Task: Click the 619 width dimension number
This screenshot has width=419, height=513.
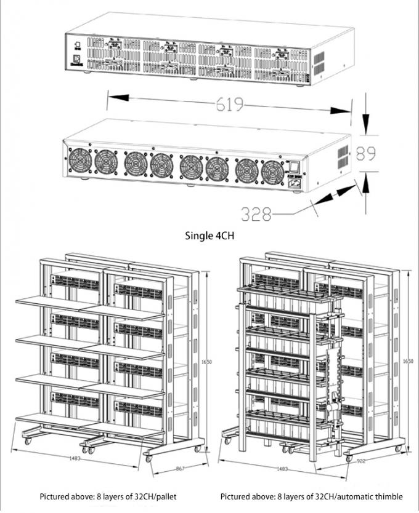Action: [229, 104]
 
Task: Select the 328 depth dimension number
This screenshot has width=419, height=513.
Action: [256, 215]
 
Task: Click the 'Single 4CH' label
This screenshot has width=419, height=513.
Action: [209, 235]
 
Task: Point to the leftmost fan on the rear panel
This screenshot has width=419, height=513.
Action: [81, 162]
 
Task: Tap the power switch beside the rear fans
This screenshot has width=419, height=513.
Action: [293, 166]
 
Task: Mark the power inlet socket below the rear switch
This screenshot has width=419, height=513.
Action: [294, 178]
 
